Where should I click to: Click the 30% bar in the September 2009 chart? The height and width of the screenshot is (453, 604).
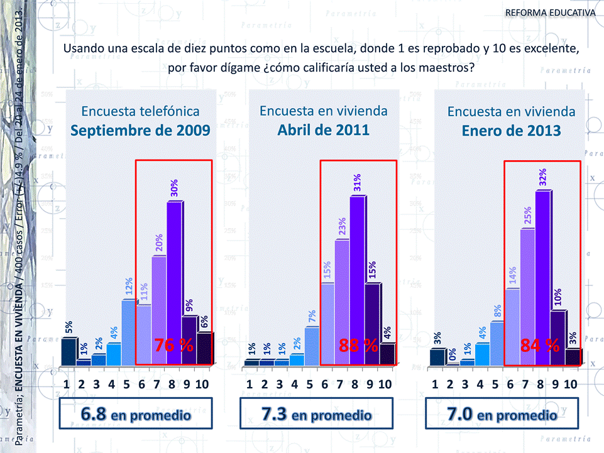pos(174,283)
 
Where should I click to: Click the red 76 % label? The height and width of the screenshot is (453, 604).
pos(174,345)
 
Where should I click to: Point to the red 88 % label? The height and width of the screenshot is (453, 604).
pos(358,345)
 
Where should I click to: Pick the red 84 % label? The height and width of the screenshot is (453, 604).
pos(540,345)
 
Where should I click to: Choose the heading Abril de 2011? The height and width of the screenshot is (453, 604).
pos(323,130)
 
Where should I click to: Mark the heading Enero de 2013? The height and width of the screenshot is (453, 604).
pos(511,131)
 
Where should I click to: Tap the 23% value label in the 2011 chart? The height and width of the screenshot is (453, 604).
pos(343,227)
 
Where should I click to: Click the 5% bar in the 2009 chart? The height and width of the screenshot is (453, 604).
pos(68,351)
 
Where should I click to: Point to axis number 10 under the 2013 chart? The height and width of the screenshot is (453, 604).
pos(570,384)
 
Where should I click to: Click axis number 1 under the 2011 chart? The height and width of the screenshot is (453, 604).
pos(250,384)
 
